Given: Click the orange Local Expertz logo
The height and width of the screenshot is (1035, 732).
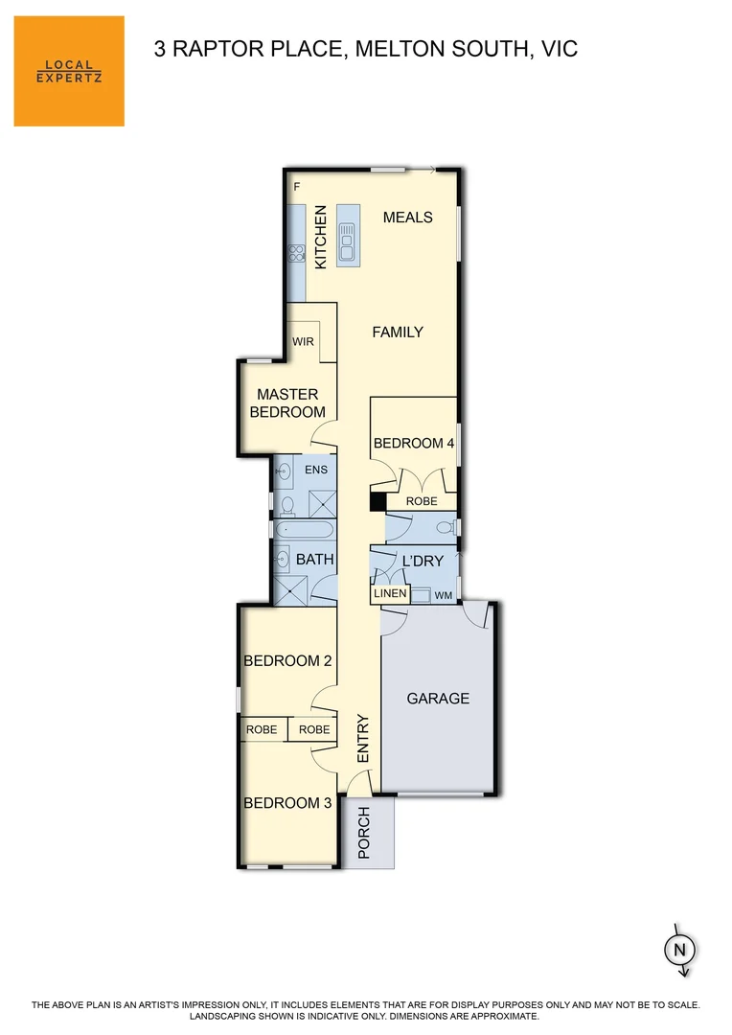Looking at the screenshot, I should [69, 71].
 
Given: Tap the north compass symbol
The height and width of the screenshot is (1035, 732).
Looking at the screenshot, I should [680, 950].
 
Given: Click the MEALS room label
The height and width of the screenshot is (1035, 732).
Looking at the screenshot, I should [408, 218].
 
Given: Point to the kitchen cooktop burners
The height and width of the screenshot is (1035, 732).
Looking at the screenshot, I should [296, 255].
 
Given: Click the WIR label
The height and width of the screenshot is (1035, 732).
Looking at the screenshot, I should [304, 340].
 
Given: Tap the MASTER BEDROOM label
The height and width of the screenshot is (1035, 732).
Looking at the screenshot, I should [287, 402].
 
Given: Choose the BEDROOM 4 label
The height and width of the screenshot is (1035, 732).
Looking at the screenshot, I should [414, 443].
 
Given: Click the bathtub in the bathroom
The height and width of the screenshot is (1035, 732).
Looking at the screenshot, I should [305, 530].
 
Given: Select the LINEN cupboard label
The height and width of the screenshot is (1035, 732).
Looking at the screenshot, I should [391, 594].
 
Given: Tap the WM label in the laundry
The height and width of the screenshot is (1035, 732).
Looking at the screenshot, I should [443, 595].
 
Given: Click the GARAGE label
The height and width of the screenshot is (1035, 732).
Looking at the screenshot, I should [438, 698].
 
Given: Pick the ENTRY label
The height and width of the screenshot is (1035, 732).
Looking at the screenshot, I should [363, 739].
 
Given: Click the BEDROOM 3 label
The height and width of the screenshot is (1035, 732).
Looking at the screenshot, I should [287, 803].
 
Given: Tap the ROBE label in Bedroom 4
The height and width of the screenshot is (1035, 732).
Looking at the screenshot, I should [422, 501].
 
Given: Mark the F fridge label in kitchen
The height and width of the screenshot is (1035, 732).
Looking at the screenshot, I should [297, 187].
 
